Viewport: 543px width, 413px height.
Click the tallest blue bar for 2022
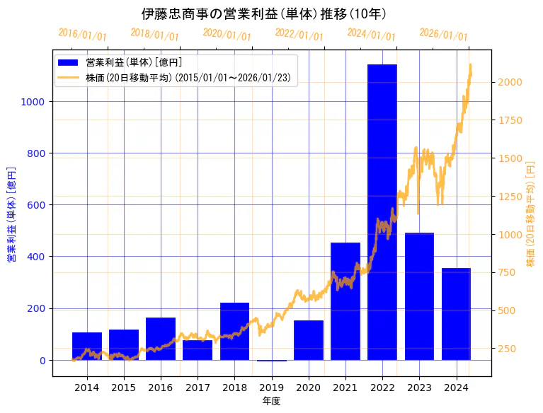pyautogui.click(x=382, y=212)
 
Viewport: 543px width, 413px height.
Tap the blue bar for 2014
pyautogui.click(x=87, y=346)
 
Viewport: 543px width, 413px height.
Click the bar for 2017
pyautogui.click(x=198, y=350)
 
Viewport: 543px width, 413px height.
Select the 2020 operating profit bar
pyautogui.click(x=309, y=340)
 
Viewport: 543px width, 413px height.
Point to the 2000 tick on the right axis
pyautogui.click(x=510, y=82)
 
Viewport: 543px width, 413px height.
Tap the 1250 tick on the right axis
pyautogui.click(x=510, y=197)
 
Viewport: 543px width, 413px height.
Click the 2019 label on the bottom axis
pyautogui.click(x=271, y=388)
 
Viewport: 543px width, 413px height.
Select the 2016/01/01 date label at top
pyautogui.click(x=83, y=34)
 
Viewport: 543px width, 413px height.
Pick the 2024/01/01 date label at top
pyautogui.click(x=372, y=34)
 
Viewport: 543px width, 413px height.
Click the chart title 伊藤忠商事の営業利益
pyautogui.click(x=264, y=14)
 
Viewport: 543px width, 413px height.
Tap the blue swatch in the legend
pyautogui.click(x=69, y=63)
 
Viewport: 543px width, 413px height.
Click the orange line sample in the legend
pyautogui.click(x=69, y=77)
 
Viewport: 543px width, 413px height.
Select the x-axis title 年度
pyautogui.click(x=271, y=401)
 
